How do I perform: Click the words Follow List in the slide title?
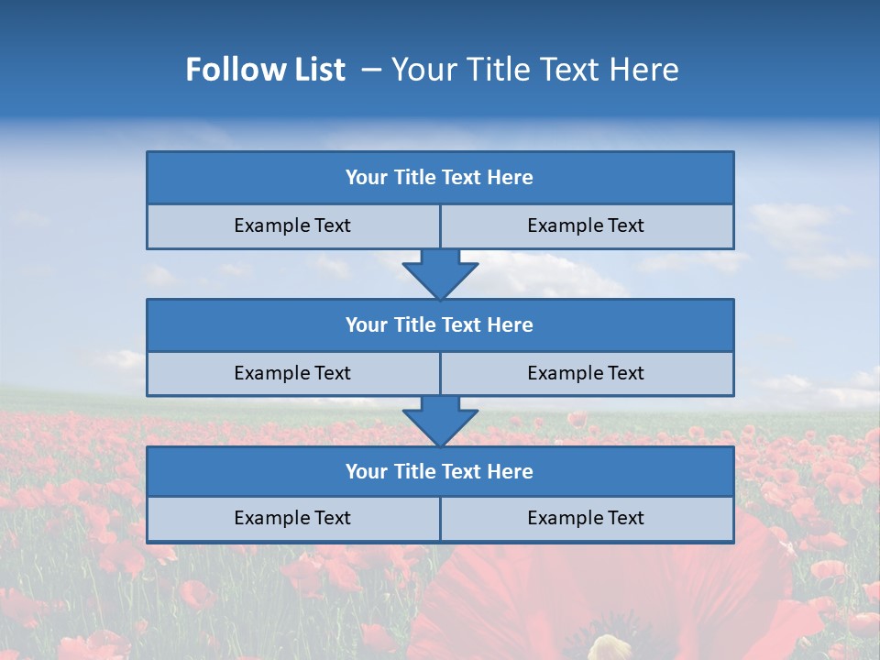(x=265, y=70)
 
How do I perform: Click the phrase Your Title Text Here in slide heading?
(x=535, y=70)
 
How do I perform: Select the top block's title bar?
(x=440, y=178)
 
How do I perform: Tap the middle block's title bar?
(x=440, y=325)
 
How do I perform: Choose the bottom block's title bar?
(x=440, y=472)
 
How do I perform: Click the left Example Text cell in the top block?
(x=292, y=226)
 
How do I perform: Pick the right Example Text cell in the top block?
(x=586, y=226)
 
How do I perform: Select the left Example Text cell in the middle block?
(x=292, y=374)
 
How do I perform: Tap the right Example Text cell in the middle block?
(x=586, y=374)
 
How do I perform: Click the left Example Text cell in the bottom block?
(x=292, y=519)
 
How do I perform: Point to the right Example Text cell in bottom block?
(x=586, y=519)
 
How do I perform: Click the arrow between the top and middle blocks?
(x=440, y=273)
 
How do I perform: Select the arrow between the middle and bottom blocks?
(x=440, y=421)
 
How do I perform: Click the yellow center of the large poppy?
(x=609, y=647)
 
